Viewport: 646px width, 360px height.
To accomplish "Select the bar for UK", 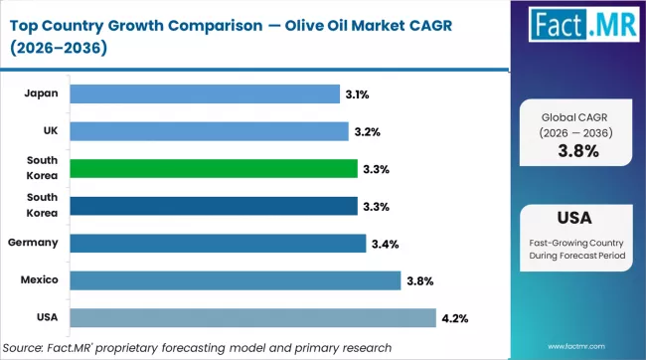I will coord(210,131).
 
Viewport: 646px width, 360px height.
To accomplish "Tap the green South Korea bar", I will coord(215,168).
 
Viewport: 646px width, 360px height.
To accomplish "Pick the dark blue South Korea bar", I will coord(215,206).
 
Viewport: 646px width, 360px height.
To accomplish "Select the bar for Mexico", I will coord(237,280).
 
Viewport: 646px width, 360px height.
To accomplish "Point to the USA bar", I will coord(253,317).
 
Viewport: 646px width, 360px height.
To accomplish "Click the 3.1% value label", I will coord(358,94).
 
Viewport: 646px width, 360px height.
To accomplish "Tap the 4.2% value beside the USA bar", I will coord(455,318).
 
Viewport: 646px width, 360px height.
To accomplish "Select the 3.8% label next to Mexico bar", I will coord(419,281).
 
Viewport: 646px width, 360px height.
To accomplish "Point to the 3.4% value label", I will coord(385,244).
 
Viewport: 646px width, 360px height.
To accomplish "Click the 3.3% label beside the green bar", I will coord(376,169).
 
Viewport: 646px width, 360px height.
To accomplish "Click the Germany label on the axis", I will coord(32,243).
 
